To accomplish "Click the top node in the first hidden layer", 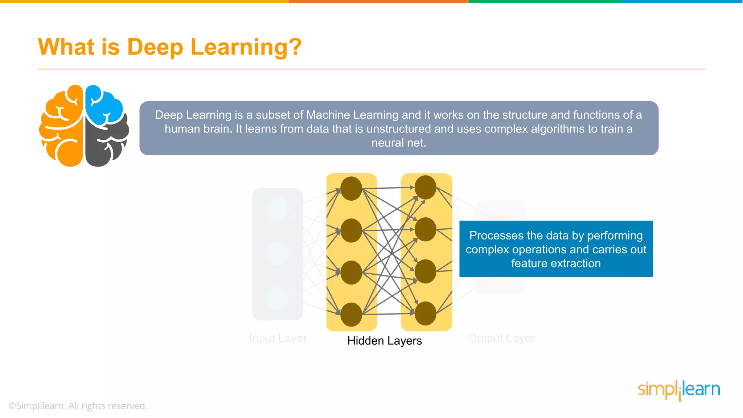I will [x=351, y=188].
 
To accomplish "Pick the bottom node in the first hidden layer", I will [x=351, y=314].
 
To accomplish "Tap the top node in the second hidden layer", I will [x=425, y=187].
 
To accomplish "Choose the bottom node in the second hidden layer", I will [x=425, y=313].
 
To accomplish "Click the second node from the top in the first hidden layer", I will [x=351, y=230].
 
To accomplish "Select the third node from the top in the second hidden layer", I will [x=425, y=271].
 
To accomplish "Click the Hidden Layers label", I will [x=385, y=341].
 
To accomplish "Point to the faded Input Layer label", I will [x=278, y=338].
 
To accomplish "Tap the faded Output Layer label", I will [x=501, y=338].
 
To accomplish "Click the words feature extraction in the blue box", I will [x=556, y=263].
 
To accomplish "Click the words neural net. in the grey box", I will [x=399, y=143].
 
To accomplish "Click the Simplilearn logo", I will [x=679, y=390].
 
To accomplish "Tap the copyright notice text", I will [x=78, y=406].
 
